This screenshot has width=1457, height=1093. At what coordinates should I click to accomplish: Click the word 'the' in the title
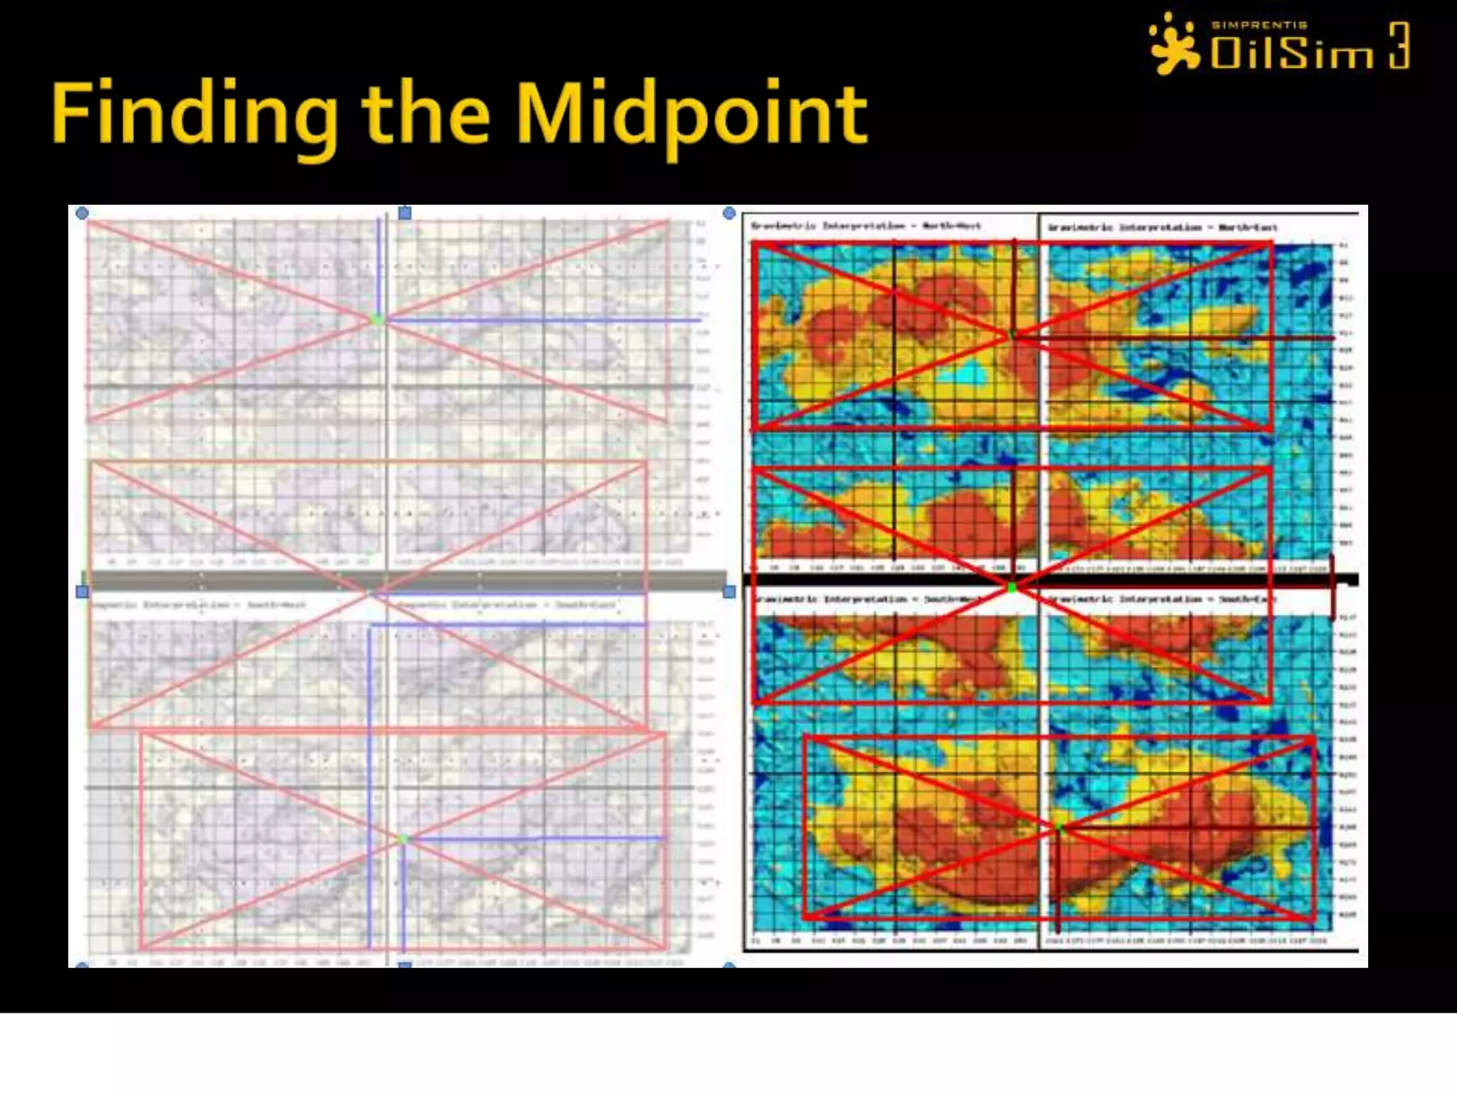[x=425, y=114]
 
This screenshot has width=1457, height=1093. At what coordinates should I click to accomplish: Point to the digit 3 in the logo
[x=1399, y=46]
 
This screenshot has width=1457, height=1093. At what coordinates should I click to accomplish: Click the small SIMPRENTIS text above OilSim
[x=1259, y=25]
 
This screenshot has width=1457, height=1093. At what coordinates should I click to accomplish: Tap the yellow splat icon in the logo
[x=1174, y=44]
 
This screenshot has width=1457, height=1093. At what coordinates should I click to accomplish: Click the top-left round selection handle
[x=82, y=213]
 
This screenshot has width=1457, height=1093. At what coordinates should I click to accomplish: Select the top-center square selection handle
[x=405, y=213]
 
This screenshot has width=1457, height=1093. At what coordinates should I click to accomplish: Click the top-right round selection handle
[x=728, y=213]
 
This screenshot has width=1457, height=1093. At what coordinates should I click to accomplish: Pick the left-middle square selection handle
[x=82, y=591]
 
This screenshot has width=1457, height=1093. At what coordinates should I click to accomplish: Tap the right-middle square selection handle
[x=729, y=591]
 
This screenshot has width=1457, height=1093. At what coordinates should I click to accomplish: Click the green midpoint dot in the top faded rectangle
[x=378, y=320]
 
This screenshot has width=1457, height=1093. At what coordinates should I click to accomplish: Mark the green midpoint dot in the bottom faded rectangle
[x=403, y=840]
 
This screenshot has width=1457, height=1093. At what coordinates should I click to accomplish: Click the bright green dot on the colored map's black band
[x=1012, y=587]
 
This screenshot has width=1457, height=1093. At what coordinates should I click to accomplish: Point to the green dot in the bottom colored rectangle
[x=1059, y=828]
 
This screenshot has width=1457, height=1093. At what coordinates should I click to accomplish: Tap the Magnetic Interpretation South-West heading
[x=206, y=605]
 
